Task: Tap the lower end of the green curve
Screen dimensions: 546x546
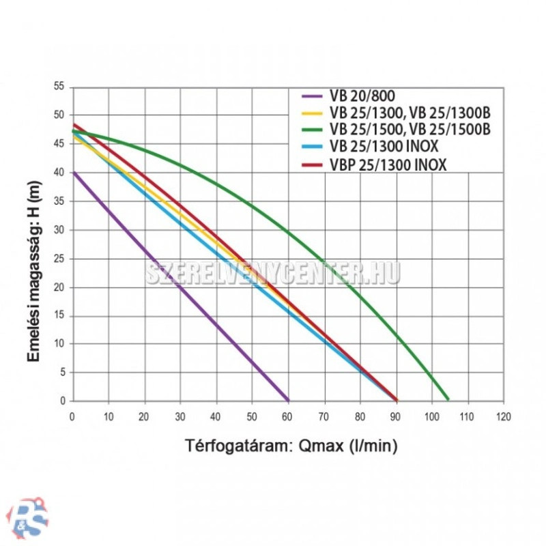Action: pos(448,399)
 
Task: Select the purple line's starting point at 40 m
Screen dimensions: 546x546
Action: pos(73,173)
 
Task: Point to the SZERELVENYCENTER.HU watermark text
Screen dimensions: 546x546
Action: pos(273,273)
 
